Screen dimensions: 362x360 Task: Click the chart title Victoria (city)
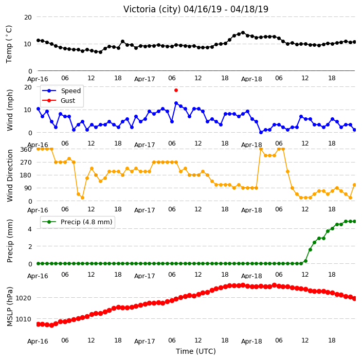[x=152, y=9]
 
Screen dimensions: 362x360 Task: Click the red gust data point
[x=176, y=91]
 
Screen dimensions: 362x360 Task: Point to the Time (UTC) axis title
[x=196, y=351]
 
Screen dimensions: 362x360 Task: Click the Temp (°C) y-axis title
[x=9, y=44]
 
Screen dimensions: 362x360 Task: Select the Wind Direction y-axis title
[x=10, y=175]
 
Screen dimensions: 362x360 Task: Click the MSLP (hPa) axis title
[x=10, y=307]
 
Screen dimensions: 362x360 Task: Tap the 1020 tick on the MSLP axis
[x=23, y=298]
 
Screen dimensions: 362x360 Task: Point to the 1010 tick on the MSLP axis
[x=23, y=319]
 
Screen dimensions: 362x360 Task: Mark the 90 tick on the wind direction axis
[x=28, y=188]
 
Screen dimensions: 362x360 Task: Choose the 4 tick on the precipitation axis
[x=30, y=229]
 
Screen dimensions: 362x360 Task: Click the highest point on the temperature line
[x=243, y=33]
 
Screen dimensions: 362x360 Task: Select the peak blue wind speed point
[x=176, y=103]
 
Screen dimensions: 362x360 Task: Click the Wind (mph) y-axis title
[x=10, y=110]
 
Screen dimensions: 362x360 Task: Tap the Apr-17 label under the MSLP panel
[x=144, y=341]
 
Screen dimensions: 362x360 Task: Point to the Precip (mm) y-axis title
[x=10, y=241]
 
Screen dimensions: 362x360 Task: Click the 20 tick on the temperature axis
[x=28, y=17]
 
